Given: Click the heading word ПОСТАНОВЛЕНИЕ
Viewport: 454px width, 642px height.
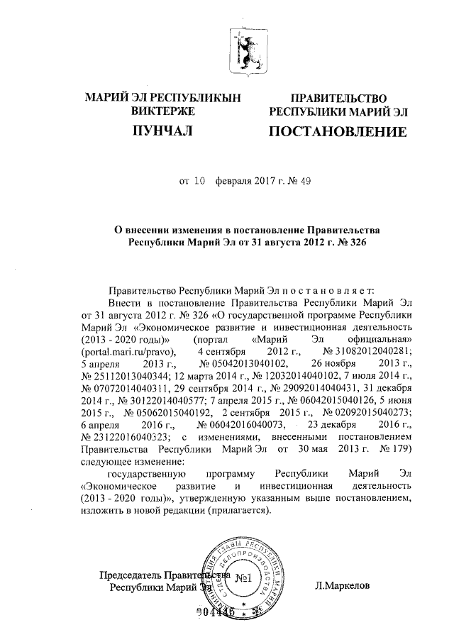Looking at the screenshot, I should tap(337, 131).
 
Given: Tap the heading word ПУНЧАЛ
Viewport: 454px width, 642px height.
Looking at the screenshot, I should tap(162, 131).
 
